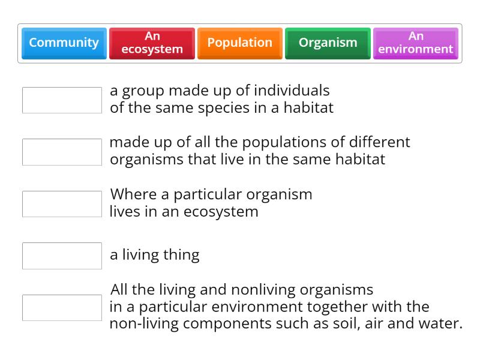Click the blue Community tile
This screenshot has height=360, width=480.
click(64, 43)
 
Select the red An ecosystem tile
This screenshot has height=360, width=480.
click(152, 43)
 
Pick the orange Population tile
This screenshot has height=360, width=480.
click(239, 43)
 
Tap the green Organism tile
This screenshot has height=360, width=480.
click(328, 43)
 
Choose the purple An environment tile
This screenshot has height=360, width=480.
click(415, 43)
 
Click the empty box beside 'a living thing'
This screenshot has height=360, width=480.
click(62, 256)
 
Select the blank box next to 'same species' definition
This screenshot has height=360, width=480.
click(62, 100)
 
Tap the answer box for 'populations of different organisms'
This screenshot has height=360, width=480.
click(62, 152)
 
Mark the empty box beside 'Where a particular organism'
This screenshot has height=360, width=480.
click(62, 204)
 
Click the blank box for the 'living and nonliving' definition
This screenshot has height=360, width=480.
click(62, 308)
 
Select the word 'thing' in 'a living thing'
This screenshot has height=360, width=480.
click(181, 254)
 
